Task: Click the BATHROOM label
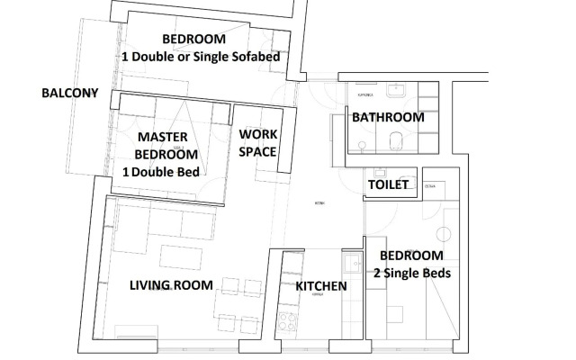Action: [x=387, y=117]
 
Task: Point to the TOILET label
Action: [x=389, y=185]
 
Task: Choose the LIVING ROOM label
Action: [x=171, y=285]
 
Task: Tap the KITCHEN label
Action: [x=321, y=286]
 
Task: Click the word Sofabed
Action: [x=253, y=56]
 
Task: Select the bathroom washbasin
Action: [x=396, y=91]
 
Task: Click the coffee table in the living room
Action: [x=175, y=251]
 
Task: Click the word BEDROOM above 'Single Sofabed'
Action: [x=193, y=39]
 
